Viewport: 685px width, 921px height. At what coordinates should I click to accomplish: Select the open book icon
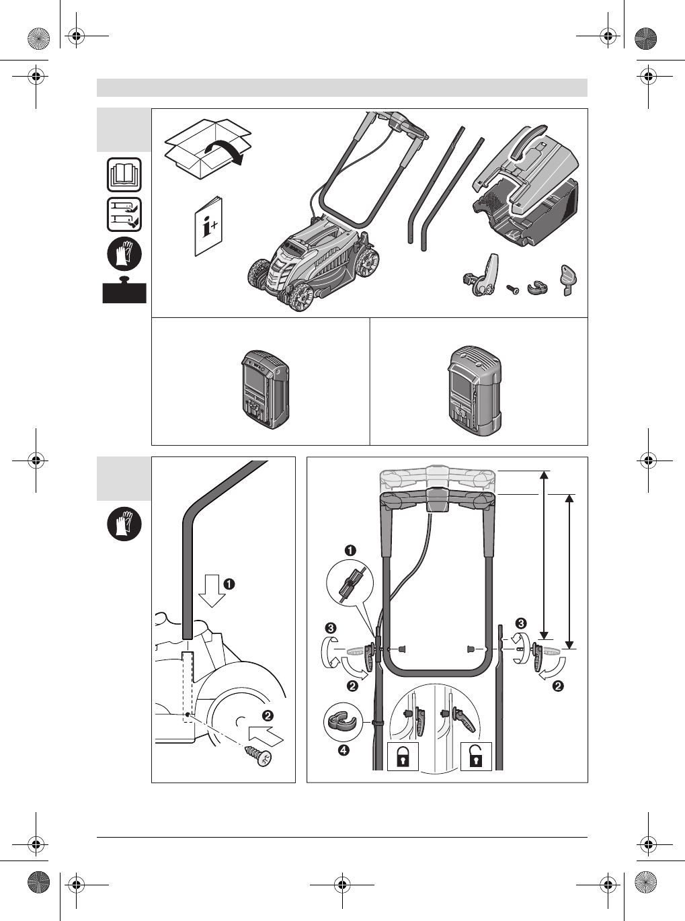click(124, 175)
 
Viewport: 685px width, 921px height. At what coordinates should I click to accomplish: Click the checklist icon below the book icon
click(124, 215)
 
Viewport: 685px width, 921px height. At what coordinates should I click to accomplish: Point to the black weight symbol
click(124, 291)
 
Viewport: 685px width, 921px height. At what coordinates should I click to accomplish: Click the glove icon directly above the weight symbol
click(124, 255)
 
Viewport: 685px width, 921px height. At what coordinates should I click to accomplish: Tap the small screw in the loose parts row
click(513, 289)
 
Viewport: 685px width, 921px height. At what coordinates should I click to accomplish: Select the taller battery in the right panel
click(475, 388)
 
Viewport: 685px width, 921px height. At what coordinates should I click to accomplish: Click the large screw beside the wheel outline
click(259, 757)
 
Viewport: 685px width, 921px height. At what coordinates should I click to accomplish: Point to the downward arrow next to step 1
click(214, 589)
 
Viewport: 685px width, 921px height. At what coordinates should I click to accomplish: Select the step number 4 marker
click(344, 751)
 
